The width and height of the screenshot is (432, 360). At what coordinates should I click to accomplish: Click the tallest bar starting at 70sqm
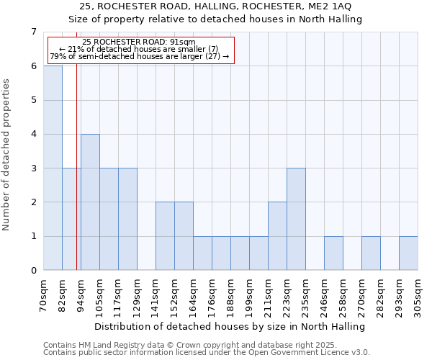[53, 168]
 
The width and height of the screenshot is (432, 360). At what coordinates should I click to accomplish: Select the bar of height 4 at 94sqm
[90, 202]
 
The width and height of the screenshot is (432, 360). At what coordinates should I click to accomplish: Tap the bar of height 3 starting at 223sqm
[296, 219]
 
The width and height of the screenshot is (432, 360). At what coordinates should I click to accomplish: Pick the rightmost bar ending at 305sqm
[408, 253]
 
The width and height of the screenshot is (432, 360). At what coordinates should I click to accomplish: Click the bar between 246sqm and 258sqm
[333, 253]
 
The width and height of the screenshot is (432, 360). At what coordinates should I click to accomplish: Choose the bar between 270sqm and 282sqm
[371, 253]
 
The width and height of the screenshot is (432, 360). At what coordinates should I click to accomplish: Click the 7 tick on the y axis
[33, 32]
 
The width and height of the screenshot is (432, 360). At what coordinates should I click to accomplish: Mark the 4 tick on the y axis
[33, 134]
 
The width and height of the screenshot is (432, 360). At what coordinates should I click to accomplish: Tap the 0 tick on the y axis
[33, 271]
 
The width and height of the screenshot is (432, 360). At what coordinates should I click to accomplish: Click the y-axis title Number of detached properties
[7, 155]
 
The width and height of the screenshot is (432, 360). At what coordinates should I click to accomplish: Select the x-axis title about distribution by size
[230, 327]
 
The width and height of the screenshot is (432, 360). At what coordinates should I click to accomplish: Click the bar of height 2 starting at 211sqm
[277, 236]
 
